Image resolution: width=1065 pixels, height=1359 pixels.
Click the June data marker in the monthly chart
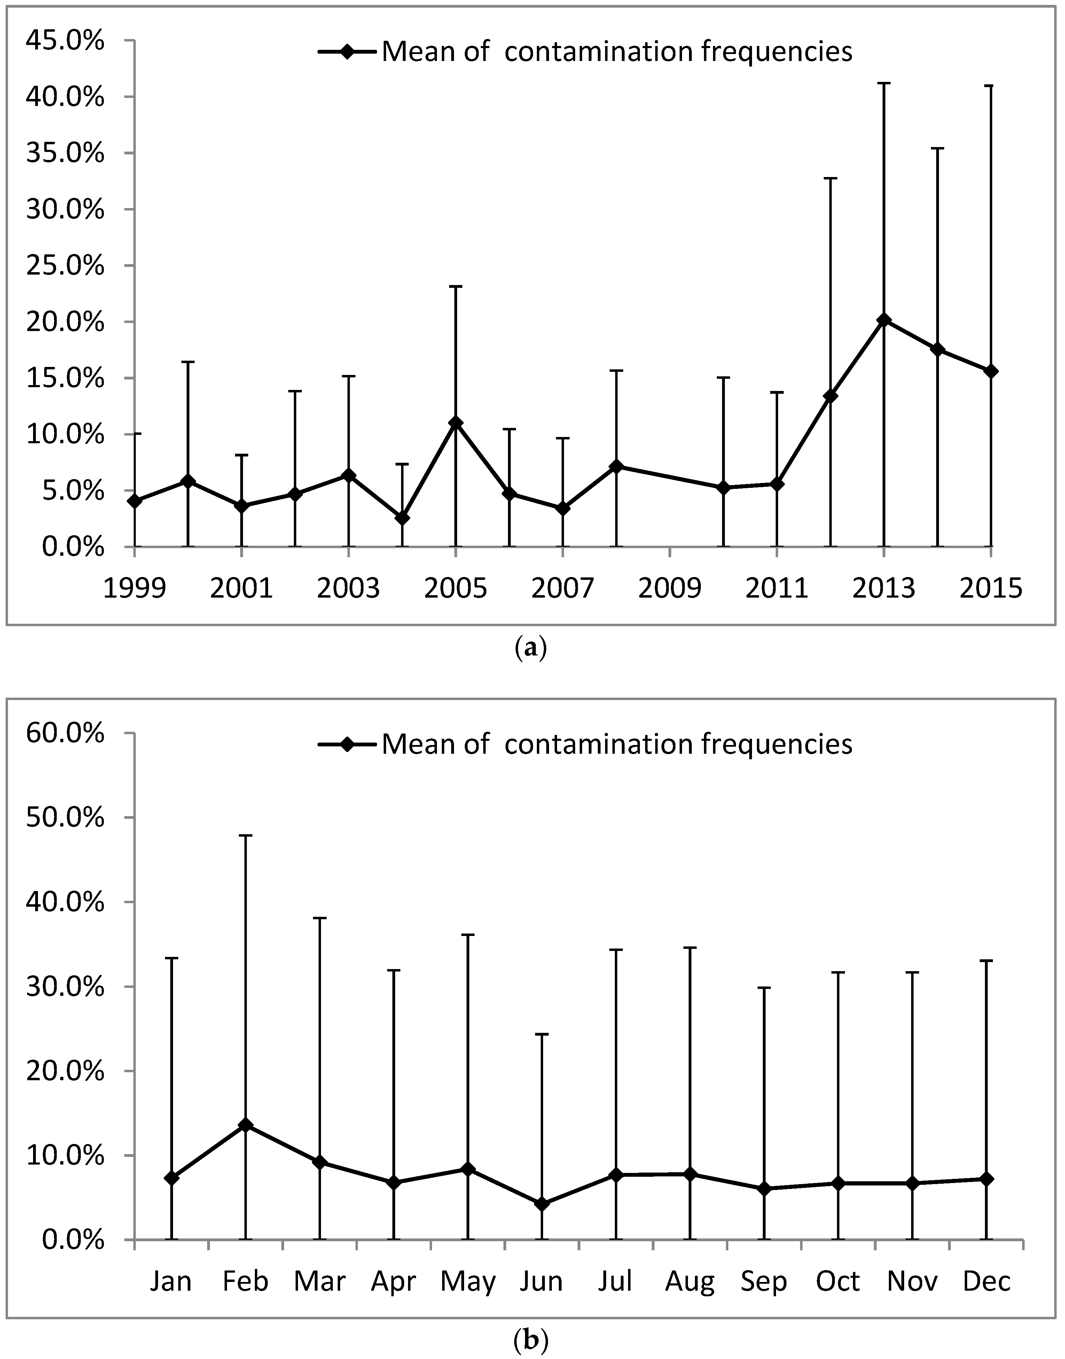(542, 1204)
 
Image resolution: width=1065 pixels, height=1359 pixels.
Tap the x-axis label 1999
(135, 589)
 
